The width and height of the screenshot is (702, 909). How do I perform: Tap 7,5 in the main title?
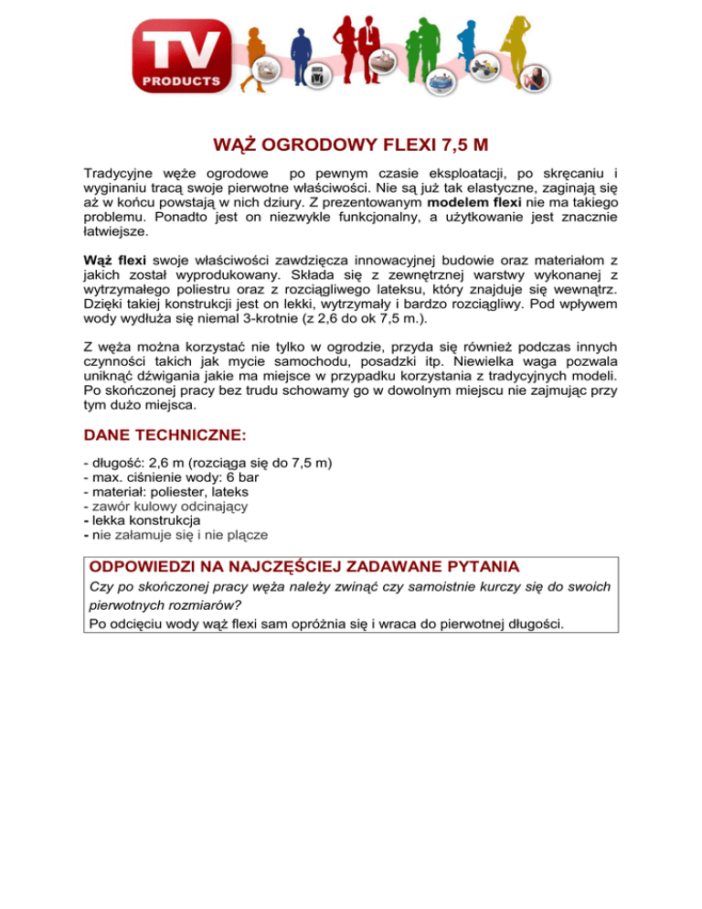[452, 145]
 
